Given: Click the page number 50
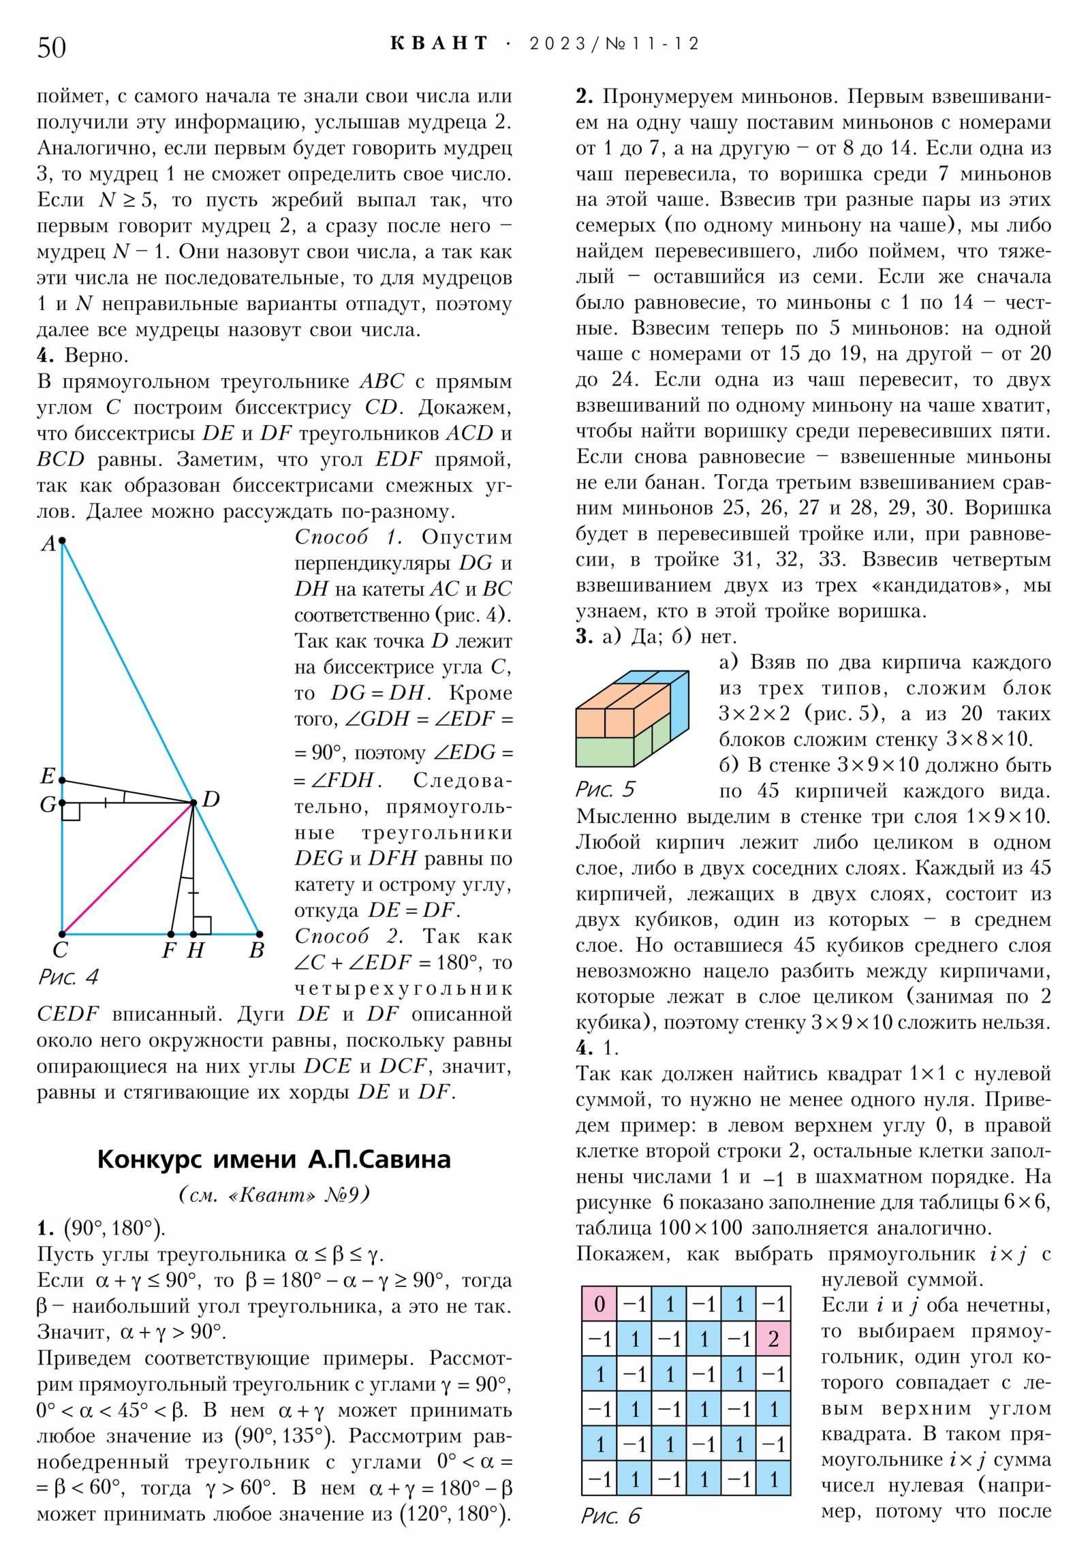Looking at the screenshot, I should pyautogui.click(x=51, y=47).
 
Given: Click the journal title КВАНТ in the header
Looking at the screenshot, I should pyautogui.click(x=439, y=44).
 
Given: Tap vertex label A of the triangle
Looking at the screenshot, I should pyautogui.click(x=48, y=543).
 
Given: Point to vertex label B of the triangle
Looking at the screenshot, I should pyautogui.click(x=257, y=950).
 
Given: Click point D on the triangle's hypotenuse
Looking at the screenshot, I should pyautogui.click(x=193, y=803).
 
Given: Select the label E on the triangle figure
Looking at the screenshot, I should pyautogui.click(x=47, y=775).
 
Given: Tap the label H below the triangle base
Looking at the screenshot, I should pyautogui.click(x=196, y=950).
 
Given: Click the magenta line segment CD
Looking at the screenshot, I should pyautogui.click(x=127, y=868).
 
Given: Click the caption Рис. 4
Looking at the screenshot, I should pyautogui.click(x=67, y=977).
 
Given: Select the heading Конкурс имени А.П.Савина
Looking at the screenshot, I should pyautogui.click(x=274, y=1159).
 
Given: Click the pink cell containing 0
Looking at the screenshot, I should pyautogui.click(x=599, y=1303).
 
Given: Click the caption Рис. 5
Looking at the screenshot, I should pyautogui.click(x=605, y=789).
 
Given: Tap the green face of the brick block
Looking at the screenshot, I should pyautogui.click(x=604, y=751).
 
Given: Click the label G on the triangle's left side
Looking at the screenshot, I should pyautogui.click(x=47, y=805).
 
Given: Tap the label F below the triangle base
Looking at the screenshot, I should pyautogui.click(x=168, y=950).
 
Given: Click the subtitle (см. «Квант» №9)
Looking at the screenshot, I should pyautogui.click(x=274, y=1194).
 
